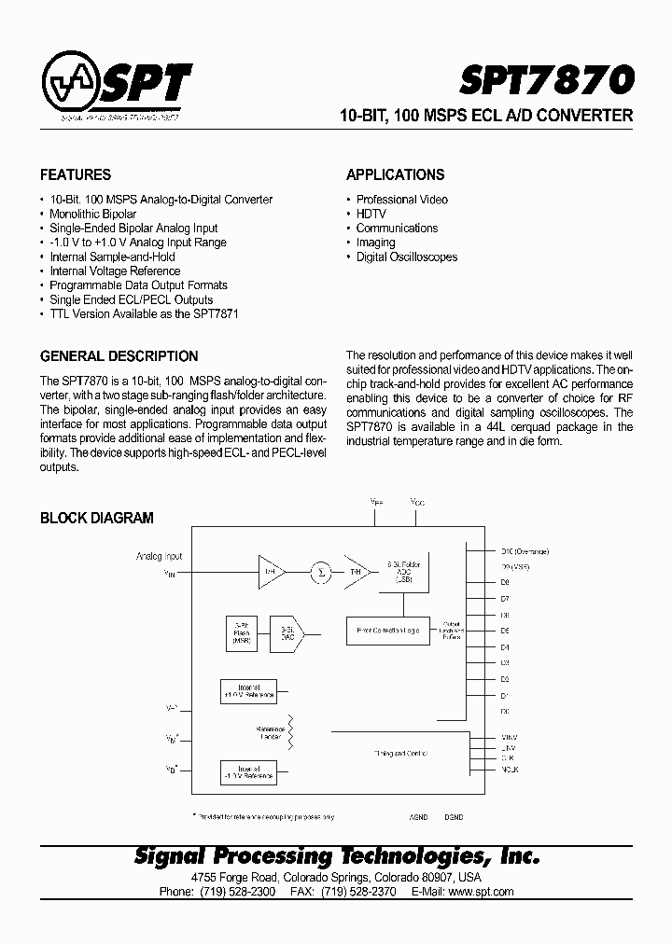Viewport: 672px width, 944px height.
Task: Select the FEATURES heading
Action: [x=76, y=174]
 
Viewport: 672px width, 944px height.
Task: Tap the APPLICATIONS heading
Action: [x=395, y=174]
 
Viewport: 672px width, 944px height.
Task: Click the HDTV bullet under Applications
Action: [x=371, y=214]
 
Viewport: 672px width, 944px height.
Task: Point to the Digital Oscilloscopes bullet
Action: [x=406, y=257]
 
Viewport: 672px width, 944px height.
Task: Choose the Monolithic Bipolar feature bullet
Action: [x=92, y=214]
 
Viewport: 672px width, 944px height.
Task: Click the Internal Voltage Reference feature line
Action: [x=115, y=271]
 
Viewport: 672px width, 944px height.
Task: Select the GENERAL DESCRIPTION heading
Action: [x=119, y=356]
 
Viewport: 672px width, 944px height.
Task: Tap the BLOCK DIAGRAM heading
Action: [x=97, y=518]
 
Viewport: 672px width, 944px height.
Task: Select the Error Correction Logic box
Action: [x=388, y=631]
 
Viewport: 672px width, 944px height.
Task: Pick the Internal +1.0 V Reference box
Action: [x=248, y=691]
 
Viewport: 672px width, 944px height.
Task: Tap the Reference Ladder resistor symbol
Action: [x=290, y=731]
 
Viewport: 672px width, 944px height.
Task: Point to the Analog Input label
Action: [x=160, y=557]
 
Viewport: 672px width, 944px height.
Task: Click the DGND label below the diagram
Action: [x=454, y=817]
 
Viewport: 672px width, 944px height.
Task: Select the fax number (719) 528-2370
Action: [x=358, y=892]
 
